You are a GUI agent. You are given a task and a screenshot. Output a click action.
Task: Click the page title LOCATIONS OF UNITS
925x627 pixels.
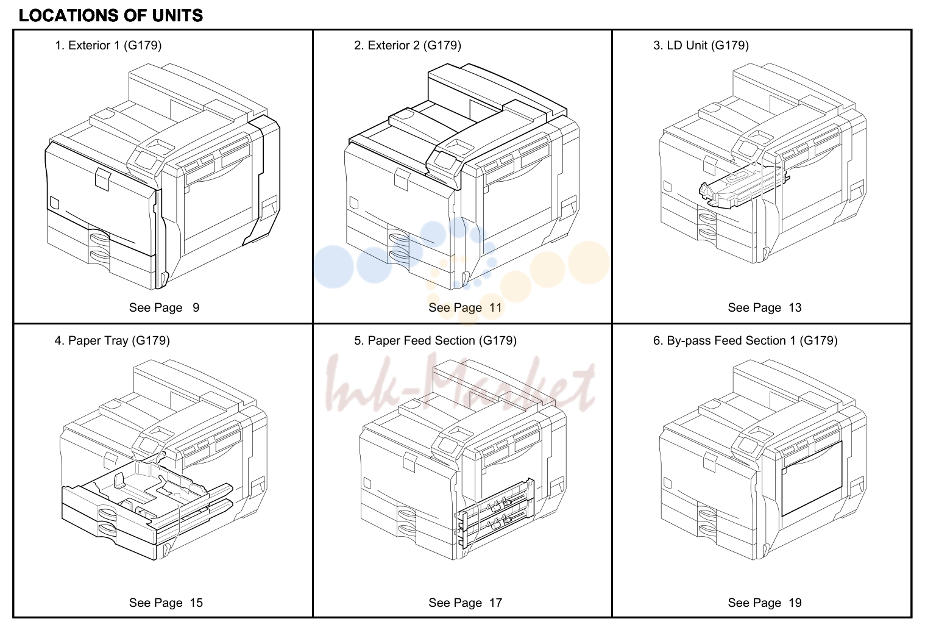click(x=111, y=16)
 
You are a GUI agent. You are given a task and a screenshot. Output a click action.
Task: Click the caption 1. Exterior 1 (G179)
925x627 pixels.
click(x=108, y=45)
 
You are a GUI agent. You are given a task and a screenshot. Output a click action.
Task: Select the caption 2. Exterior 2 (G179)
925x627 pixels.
click(x=408, y=45)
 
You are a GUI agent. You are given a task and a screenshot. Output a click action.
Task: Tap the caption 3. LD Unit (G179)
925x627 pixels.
click(x=701, y=45)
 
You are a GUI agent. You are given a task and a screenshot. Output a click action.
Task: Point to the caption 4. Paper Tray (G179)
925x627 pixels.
click(x=112, y=340)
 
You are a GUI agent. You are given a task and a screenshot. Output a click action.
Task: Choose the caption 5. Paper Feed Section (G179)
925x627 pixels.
click(x=435, y=340)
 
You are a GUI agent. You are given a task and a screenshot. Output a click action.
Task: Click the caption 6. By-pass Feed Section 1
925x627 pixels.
click(x=725, y=340)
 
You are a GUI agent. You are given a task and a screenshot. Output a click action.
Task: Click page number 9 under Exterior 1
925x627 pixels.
click(x=196, y=307)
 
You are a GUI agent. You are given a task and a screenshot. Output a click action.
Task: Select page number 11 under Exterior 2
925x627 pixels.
click(x=495, y=307)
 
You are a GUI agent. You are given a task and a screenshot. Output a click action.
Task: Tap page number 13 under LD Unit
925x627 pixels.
click(x=795, y=307)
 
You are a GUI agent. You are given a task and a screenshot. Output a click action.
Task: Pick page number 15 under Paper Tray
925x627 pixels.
click(x=196, y=603)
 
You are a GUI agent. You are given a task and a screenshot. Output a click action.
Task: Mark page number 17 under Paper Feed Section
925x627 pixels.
click(x=495, y=603)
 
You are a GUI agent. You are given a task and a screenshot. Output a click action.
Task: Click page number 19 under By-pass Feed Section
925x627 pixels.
click(x=795, y=603)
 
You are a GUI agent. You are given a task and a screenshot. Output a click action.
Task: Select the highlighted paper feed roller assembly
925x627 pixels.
click(x=495, y=512)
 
